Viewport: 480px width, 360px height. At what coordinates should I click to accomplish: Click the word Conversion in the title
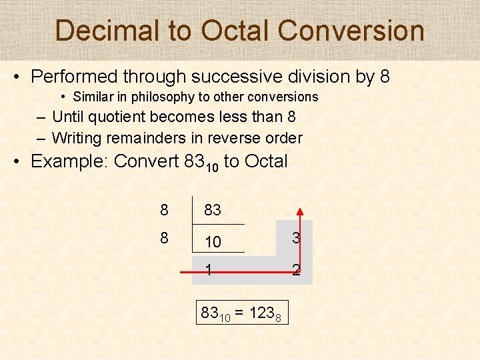[x=351, y=31]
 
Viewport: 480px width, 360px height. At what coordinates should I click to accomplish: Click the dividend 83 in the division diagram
[x=213, y=211]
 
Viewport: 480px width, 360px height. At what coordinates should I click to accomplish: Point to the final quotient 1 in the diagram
[x=209, y=271]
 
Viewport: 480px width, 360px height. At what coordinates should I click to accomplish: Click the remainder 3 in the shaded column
[x=295, y=238]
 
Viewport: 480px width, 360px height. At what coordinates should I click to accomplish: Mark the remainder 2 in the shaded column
[x=295, y=271]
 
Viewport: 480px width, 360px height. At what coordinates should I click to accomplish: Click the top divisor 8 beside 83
[x=164, y=211]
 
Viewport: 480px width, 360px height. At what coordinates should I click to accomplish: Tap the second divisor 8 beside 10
[x=164, y=238]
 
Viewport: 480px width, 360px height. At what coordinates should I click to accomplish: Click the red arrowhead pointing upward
[x=300, y=213]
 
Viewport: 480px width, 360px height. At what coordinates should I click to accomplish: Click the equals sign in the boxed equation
[x=239, y=311]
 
